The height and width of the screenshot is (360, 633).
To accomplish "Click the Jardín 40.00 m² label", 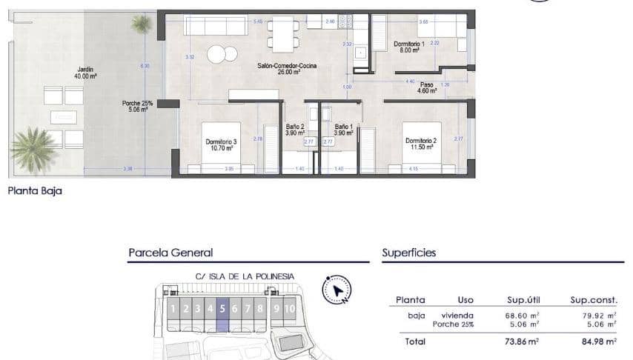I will (x=85, y=72).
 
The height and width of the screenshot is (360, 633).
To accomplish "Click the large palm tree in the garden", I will (x=33, y=147).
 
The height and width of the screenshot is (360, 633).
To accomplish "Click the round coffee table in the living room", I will (x=216, y=54).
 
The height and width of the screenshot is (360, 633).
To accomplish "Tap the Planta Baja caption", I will (x=35, y=191).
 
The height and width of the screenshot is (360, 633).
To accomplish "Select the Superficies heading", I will (x=408, y=253).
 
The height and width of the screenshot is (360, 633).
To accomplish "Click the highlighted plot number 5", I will (x=222, y=309).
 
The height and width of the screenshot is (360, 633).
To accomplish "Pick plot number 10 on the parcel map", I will (x=289, y=309).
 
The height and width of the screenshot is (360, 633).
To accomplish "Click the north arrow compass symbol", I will (x=337, y=290).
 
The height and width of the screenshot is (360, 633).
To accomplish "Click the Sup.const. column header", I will (x=593, y=300).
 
